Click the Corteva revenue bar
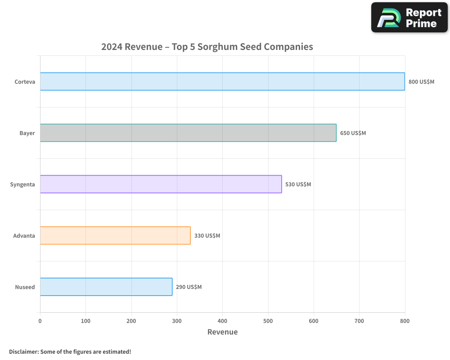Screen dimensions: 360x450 (x=222, y=81)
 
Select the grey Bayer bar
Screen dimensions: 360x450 (x=188, y=133)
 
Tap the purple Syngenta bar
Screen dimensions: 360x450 (x=161, y=184)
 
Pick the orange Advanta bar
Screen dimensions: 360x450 (x=115, y=235)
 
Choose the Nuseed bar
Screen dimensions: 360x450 (x=106, y=287)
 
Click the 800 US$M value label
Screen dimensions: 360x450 (x=421, y=82)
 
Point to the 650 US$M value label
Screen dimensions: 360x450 (x=353, y=133)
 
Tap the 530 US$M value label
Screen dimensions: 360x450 (x=298, y=184)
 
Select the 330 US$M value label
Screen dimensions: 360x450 (x=207, y=236)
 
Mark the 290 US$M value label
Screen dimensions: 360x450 (x=189, y=287)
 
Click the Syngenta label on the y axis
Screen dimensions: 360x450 (x=22, y=184)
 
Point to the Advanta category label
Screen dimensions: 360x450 (x=24, y=236)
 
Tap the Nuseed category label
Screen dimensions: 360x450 (x=25, y=287)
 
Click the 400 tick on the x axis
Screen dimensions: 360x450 (x=222, y=321)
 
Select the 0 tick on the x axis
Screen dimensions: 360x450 (x=40, y=321)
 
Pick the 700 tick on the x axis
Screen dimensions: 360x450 (x=359, y=321)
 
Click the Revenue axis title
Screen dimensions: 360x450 (x=222, y=332)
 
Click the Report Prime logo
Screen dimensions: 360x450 (x=409, y=18)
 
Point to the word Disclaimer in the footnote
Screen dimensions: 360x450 (x=23, y=351)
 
